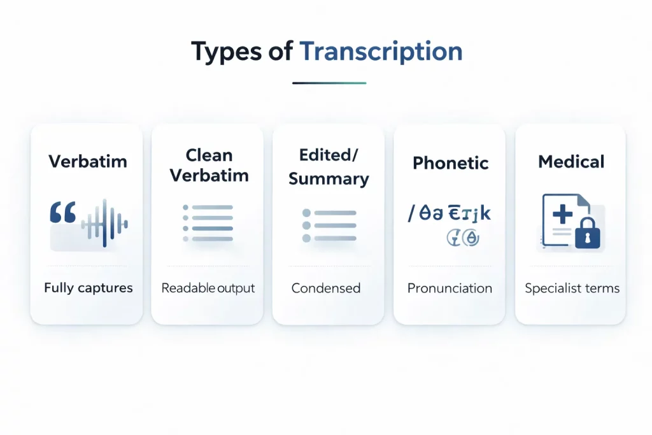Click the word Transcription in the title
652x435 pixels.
coord(381,51)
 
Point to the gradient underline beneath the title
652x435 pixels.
coord(329,83)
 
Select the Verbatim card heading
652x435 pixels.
coord(87,160)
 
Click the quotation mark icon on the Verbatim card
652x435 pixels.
coord(62,213)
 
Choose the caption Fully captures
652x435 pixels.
coord(89,288)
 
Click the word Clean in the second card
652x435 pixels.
coord(209,155)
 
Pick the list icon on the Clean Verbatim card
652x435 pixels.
coord(208,223)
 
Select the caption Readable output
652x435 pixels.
coord(208,288)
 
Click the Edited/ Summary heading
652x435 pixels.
coord(329,166)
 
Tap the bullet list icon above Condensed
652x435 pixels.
coord(329,225)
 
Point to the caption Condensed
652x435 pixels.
coord(326,288)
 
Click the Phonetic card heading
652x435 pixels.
coord(450,162)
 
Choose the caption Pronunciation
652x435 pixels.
coord(450,288)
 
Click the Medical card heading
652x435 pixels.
coord(571,162)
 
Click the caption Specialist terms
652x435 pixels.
coord(572,288)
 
